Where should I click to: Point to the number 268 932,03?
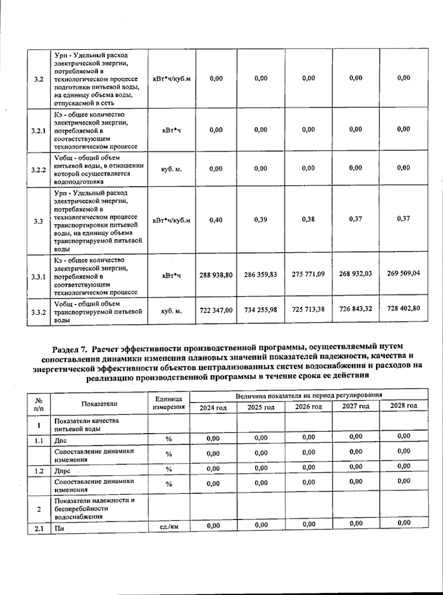pos(356,274)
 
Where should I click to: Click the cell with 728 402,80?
pos(403,308)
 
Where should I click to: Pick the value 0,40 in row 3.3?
pos(216,220)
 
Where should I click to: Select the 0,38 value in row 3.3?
pos(308,219)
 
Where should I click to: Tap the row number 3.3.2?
pos(38,312)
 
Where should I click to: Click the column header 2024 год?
pos(213,408)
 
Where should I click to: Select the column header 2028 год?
pos(404,405)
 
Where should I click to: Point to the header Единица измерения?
pos(169,403)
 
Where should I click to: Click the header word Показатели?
pos(99,404)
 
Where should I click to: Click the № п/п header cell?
pos(38,404)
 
